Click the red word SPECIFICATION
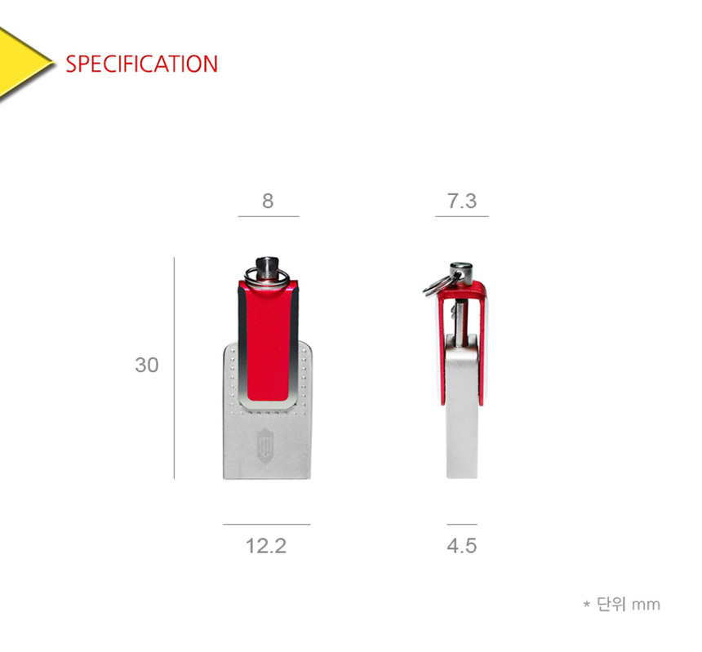(x=141, y=64)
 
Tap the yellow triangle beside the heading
(x=22, y=63)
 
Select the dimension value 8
(x=268, y=201)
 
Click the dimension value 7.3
(x=462, y=201)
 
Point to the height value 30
(x=147, y=365)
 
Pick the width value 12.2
(x=266, y=546)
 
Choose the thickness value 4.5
(x=461, y=546)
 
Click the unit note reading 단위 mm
(x=629, y=605)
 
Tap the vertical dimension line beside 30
(x=174, y=368)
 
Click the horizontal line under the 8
(x=269, y=216)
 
